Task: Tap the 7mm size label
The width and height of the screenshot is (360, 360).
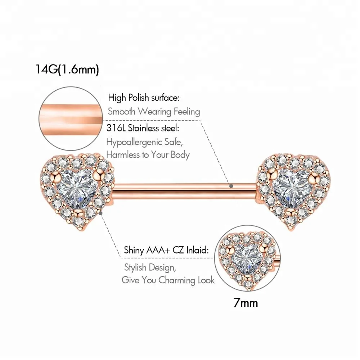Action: coord(246,303)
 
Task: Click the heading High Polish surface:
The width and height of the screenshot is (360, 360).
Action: coord(144,98)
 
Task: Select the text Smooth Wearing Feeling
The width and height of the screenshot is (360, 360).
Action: coord(154,112)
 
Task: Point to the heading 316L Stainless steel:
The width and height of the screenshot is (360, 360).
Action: coord(143,128)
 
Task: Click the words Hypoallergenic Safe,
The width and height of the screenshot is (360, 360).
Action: coord(144,142)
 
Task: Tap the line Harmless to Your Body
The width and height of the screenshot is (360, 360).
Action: coord(148,155)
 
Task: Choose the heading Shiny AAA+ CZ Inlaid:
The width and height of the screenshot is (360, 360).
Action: coord(166,250)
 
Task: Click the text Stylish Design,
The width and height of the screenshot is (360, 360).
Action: coord(150,267)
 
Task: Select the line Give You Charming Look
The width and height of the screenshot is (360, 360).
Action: coord(168,280)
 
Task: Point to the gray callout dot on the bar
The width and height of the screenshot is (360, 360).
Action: coord(231,186)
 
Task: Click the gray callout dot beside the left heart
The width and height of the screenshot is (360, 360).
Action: coord(100,213)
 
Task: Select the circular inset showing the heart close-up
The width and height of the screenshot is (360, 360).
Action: coord(247,258)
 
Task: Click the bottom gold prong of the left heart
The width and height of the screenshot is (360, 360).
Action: coord(78,212)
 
